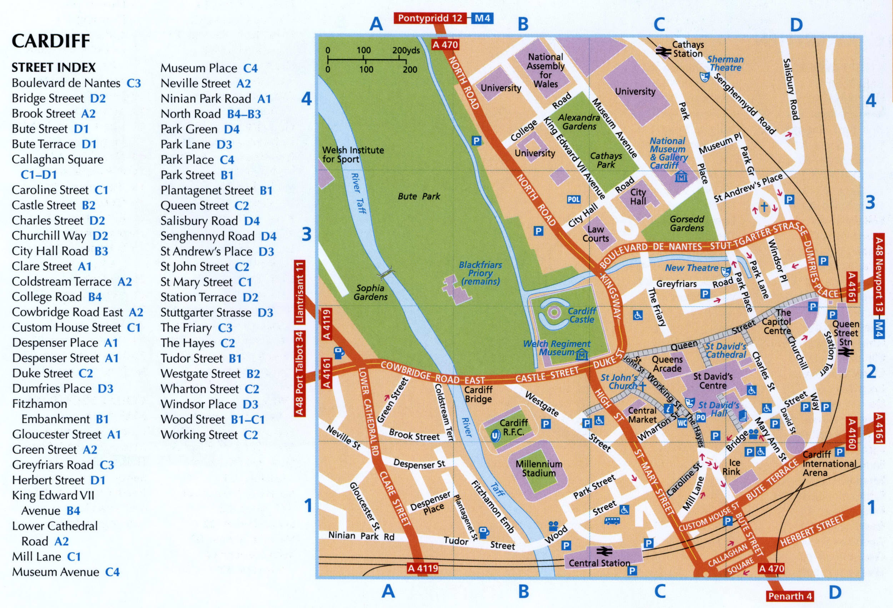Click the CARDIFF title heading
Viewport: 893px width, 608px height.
click(51, 41)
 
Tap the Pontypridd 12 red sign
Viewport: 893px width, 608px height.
click(430, 18)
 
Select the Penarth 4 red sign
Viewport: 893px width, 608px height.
click(790, 596)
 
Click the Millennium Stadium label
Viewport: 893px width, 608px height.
click(539, 468)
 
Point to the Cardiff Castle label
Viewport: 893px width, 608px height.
click(582, 315)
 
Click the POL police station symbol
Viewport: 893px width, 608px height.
click(574, 199)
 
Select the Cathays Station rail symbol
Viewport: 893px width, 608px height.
click(663, 51)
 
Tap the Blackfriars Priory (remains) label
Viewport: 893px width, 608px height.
click(480, 273)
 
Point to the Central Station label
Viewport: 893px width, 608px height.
click(599, 563)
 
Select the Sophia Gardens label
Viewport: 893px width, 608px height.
click(370, 292)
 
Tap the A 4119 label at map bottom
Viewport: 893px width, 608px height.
click(422, 568)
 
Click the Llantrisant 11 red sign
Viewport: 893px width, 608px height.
click(300, 292)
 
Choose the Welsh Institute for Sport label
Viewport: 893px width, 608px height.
click(353, 154)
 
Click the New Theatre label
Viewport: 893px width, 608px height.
click(691, 268)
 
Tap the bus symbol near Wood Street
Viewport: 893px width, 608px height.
click(612, 521)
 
